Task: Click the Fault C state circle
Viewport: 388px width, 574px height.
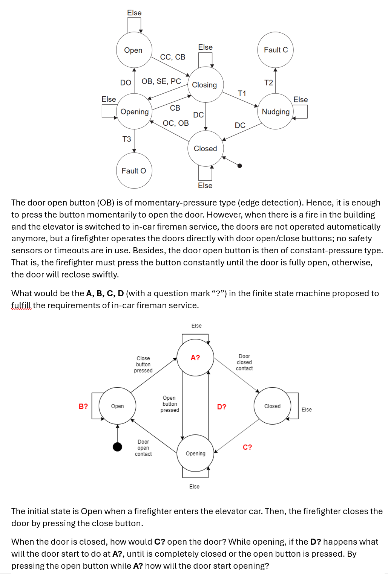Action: (x=275, y=50)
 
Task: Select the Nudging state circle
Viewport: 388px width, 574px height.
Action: (x=276, y=111)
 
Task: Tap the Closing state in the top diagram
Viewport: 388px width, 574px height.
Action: (x=205, y=85)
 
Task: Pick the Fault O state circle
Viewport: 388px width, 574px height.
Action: (x=134, y=171)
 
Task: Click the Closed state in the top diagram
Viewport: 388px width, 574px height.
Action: (x=206, y=149)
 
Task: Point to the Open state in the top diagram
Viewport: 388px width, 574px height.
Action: (x=134, y=50)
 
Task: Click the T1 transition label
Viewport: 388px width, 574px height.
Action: (x=242, y=93)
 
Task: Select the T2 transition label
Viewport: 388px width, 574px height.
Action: (x=268, y=82)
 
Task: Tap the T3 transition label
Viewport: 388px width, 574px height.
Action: (x=127, y=139)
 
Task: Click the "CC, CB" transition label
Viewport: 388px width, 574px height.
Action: (x=173, y=57)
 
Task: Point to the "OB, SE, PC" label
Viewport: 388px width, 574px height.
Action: (x=161, y=81)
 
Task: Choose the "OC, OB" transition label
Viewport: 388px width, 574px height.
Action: (x=176, y=123)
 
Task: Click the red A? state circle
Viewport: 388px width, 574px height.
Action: (x=195, y=358)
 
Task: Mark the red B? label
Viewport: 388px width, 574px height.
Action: (x=83, y=406)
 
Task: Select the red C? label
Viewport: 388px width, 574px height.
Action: (x=247, y=447)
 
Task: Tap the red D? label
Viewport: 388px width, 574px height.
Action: (x=222, y=407)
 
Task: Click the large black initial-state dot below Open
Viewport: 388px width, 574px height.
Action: (x=118, y=447)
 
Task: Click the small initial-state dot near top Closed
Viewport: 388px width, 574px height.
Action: (x=239, y=166)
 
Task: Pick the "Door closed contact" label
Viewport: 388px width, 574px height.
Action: (x=244, y=362)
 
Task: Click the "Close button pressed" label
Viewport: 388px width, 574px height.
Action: (x=143, y=364)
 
